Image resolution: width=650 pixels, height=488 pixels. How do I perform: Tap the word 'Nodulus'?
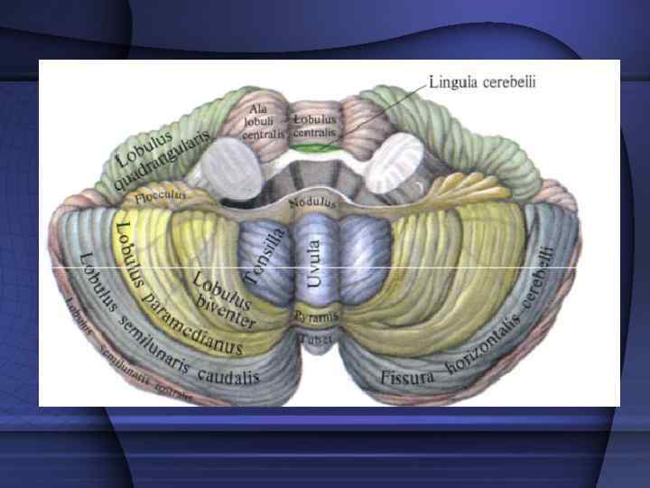pos(313,202)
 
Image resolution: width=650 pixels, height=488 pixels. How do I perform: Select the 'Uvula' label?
pos(314,262)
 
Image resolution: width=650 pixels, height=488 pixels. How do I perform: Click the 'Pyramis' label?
pos(315,316)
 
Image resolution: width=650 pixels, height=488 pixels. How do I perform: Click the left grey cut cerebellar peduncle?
pos(229,166)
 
